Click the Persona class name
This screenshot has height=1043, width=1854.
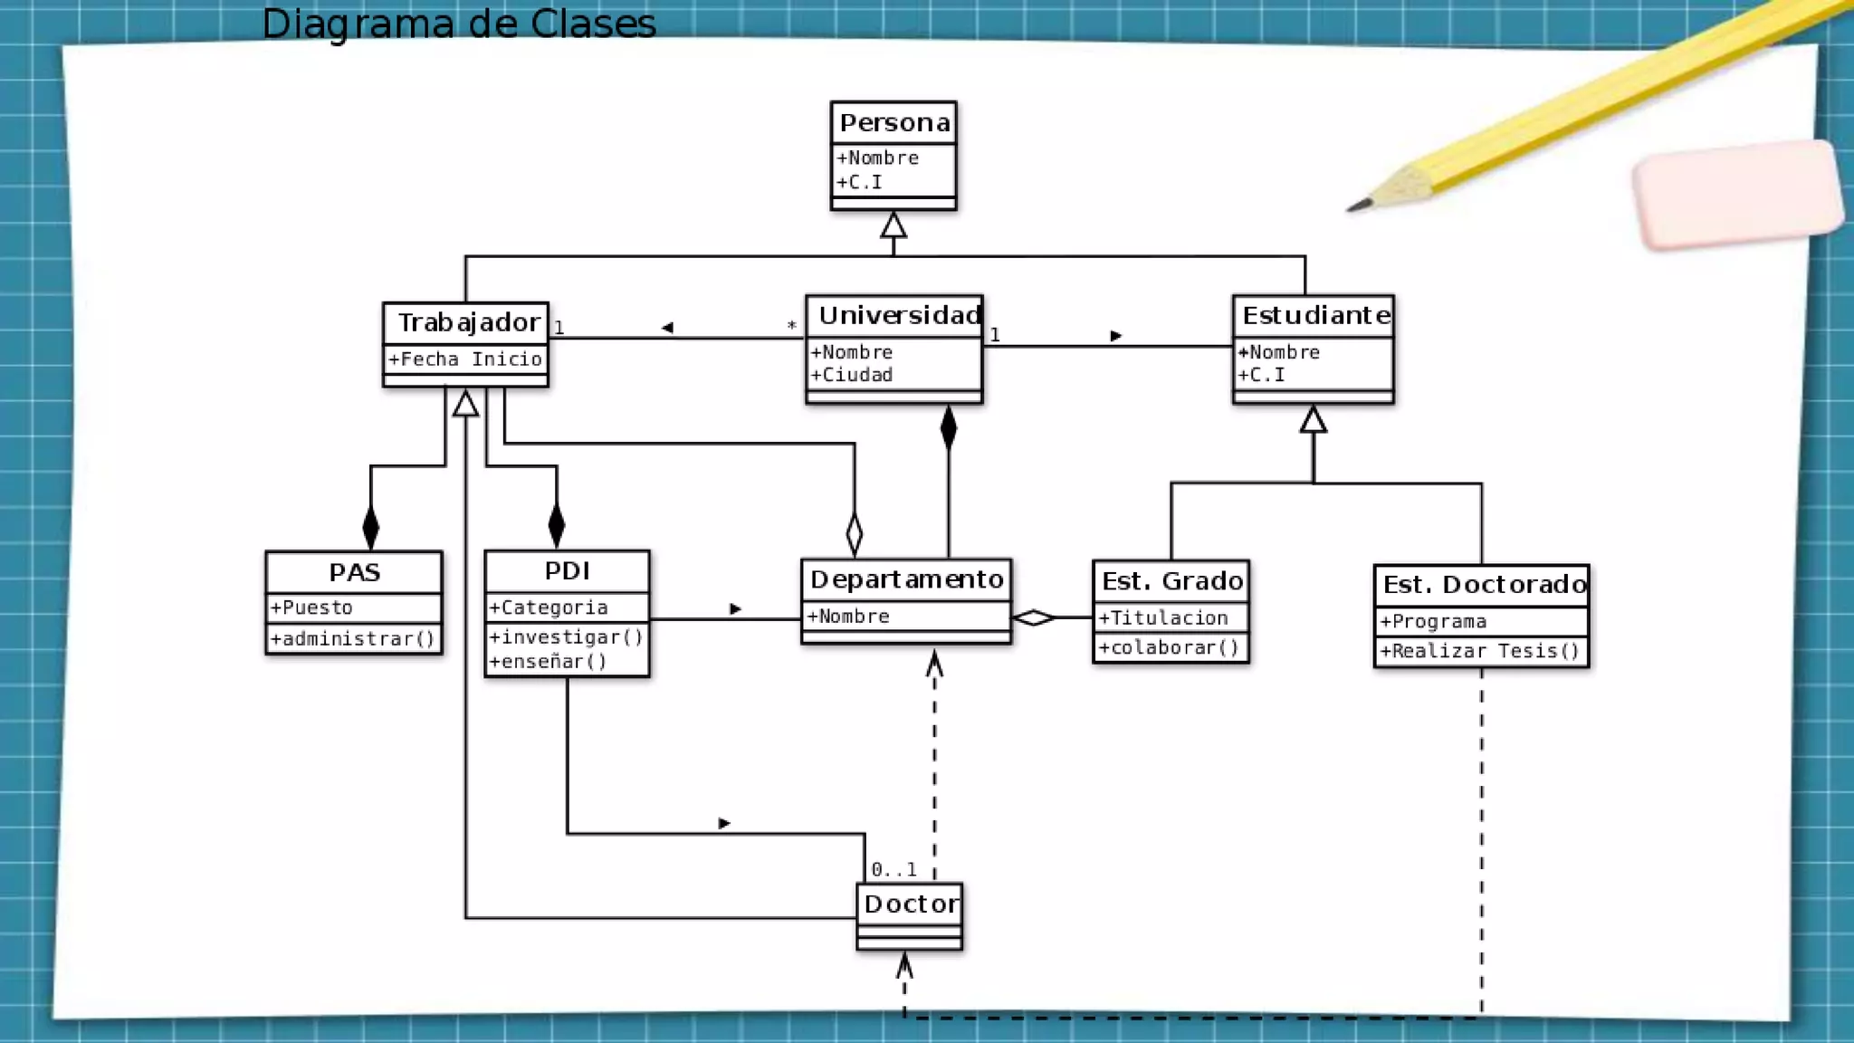894,123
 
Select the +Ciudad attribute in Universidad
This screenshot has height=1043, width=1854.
852,375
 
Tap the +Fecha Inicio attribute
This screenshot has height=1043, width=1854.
465,359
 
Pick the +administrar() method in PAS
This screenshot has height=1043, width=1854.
353,639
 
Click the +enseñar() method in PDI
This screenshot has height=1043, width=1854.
548,662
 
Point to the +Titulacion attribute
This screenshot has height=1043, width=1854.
1163,618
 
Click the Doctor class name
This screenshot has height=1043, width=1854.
910,904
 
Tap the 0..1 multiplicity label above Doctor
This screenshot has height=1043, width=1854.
894,870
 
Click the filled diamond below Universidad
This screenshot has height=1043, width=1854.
948,427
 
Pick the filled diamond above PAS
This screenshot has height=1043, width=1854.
370,527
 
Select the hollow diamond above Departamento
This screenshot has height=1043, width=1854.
855,534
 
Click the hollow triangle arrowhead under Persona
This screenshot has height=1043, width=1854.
894,225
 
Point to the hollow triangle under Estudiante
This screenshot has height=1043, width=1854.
1314,419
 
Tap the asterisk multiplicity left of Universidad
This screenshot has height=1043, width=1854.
791,325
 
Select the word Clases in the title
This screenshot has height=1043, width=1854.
593,24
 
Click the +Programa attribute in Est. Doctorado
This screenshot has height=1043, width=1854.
1433,622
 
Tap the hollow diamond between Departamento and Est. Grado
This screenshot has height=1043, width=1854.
1034,618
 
